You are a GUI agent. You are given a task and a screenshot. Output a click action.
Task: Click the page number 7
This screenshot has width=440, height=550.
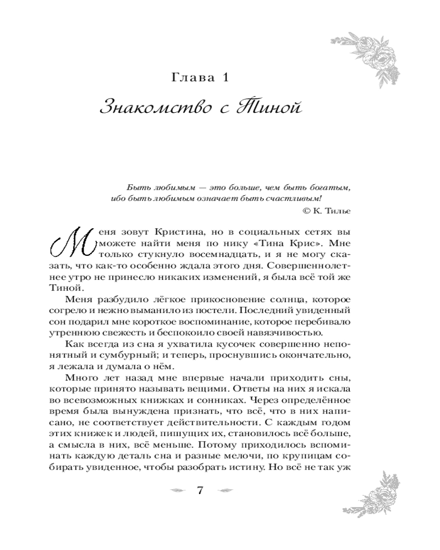(200, 491)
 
